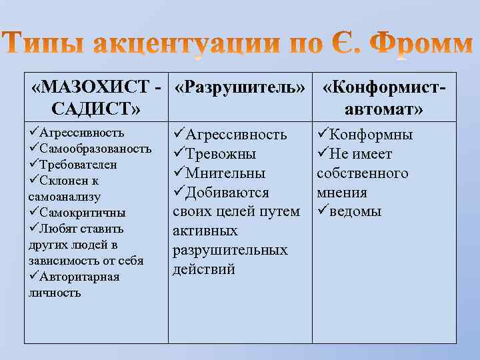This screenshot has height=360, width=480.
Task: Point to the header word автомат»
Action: (385, 108)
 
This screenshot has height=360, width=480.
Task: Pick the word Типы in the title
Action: (51, 45)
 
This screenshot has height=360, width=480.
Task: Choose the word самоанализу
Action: (65, 197)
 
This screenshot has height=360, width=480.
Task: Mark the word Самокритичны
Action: (87, 213)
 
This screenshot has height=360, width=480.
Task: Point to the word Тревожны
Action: (221, 154)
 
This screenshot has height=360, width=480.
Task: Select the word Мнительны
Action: (225, 173)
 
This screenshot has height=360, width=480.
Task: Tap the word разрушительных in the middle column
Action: (230, 250)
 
